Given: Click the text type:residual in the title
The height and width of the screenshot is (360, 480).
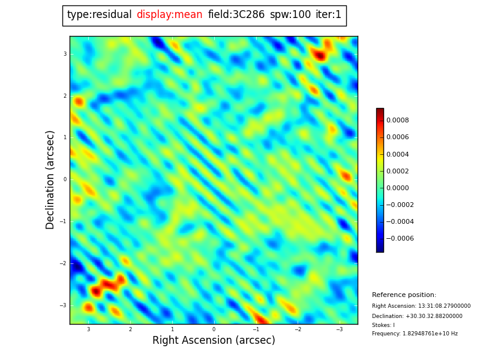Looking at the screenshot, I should [99, 15].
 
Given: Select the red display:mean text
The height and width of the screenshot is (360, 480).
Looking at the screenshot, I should [169, 15].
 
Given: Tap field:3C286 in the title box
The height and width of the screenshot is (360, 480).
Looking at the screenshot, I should [236, 15].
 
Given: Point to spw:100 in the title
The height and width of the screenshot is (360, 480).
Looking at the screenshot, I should [290, 15].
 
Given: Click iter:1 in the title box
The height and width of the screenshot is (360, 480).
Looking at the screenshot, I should [328, 15].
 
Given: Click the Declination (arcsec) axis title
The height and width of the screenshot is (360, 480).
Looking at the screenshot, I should [50, 179].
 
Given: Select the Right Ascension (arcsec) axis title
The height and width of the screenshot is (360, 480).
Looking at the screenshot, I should [214, 341].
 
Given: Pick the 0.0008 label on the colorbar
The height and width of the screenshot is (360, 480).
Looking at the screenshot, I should [397, 120].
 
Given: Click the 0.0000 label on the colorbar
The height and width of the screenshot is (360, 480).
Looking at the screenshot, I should [397, 188].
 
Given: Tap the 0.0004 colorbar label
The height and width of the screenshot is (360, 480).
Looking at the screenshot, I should [397, 154].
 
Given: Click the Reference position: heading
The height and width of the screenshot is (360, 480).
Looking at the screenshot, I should [404, 295].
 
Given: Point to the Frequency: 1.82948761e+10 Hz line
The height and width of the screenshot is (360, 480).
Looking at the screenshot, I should [415, 334].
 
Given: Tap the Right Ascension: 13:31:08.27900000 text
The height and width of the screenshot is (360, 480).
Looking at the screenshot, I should [421, 306].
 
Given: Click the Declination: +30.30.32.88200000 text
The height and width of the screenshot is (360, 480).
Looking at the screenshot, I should [417, 316].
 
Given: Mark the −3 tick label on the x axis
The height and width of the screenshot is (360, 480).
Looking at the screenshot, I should [339, 329].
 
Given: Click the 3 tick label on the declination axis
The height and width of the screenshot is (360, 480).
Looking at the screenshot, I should [65, 54].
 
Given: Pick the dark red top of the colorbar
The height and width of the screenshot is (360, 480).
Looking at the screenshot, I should [380, 111].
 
